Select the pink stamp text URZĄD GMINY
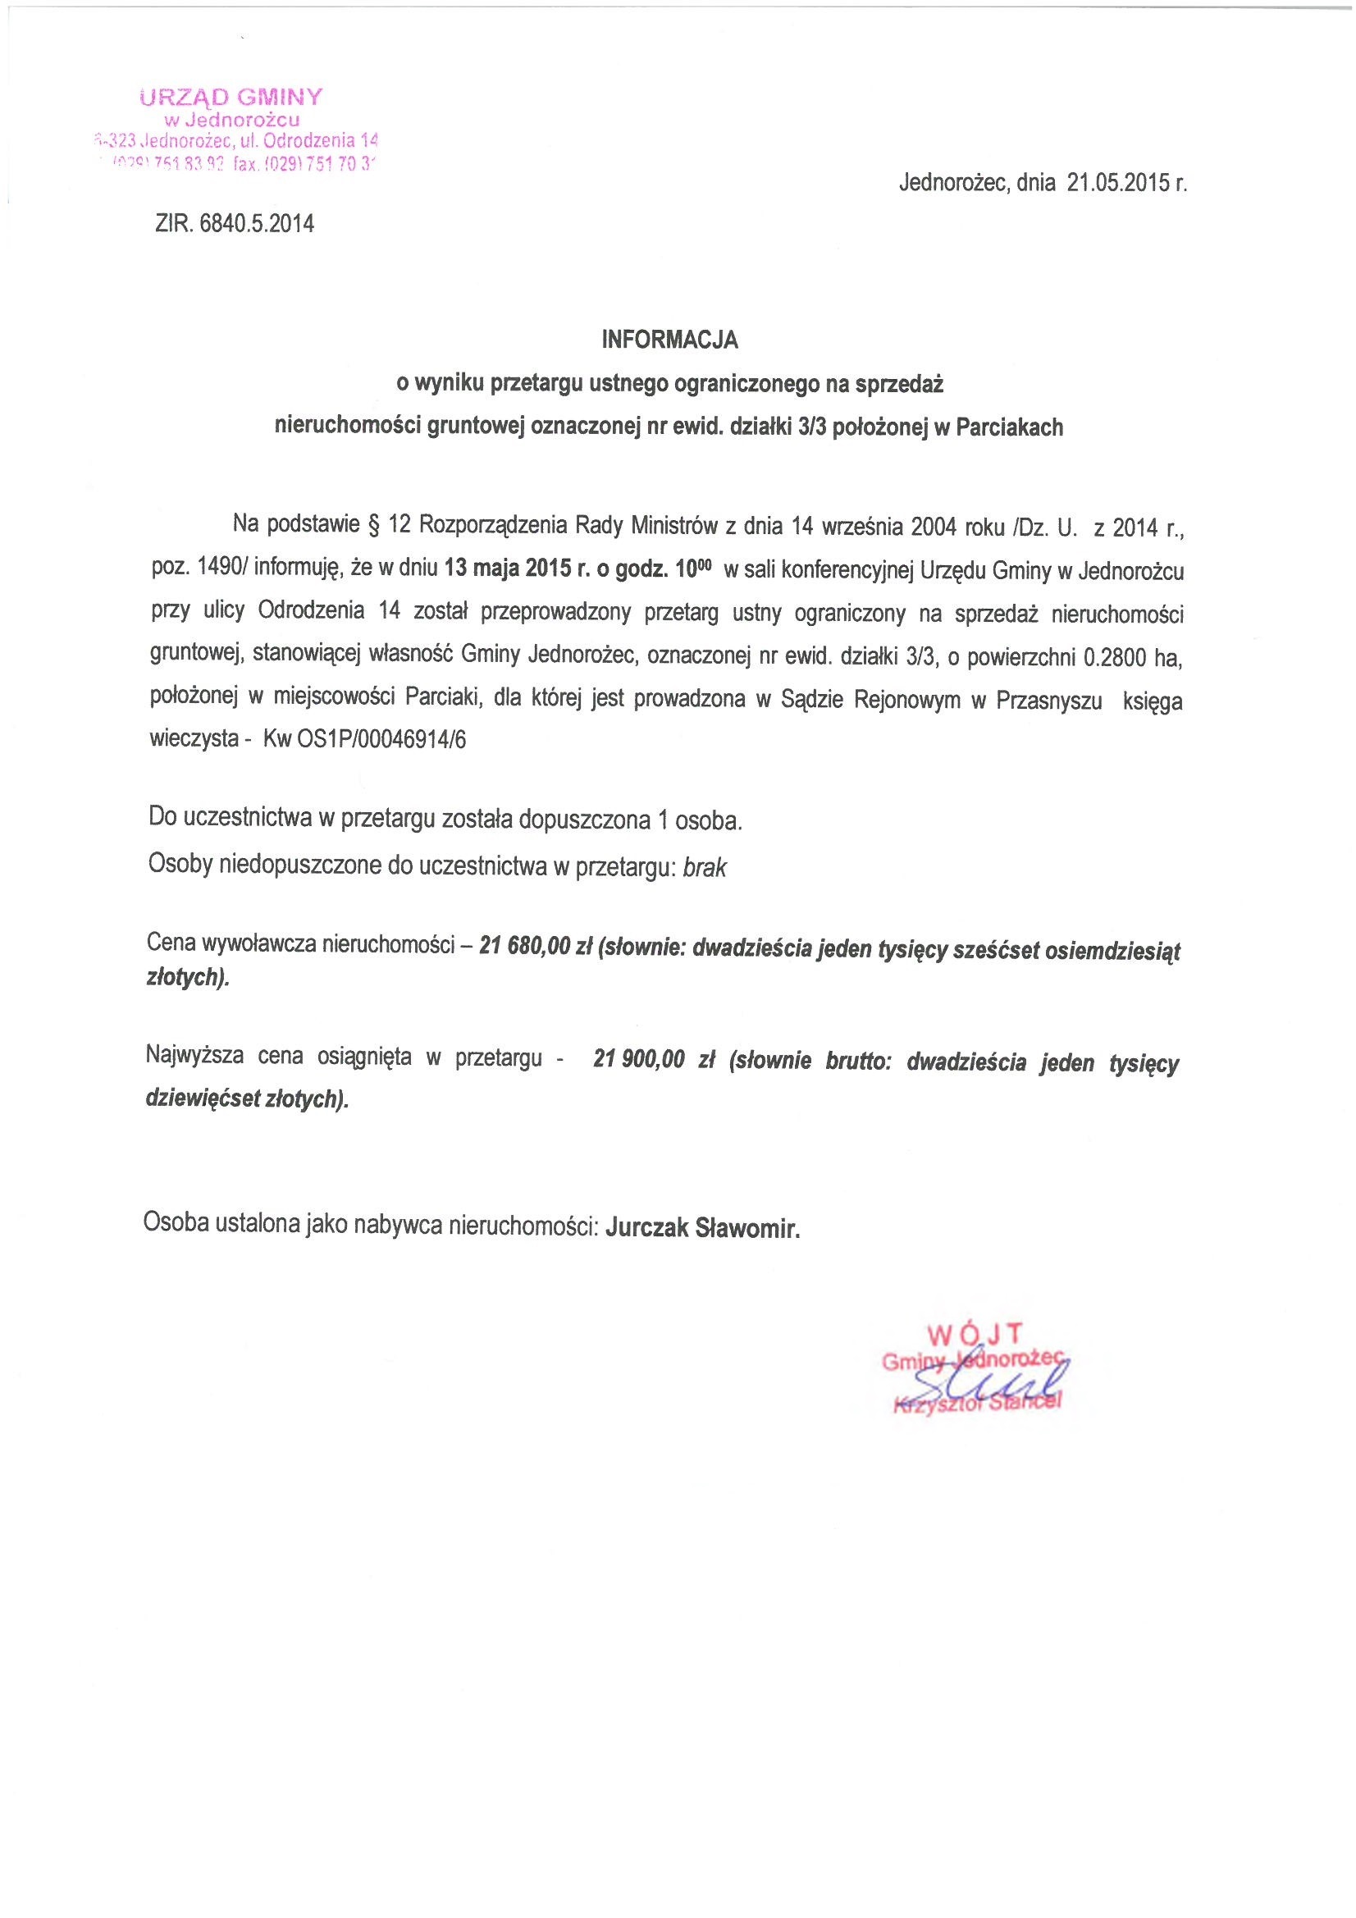click(x=231, y=98)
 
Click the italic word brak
click(x=705, y=868)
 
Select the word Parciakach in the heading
click(x=1010, y=427)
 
